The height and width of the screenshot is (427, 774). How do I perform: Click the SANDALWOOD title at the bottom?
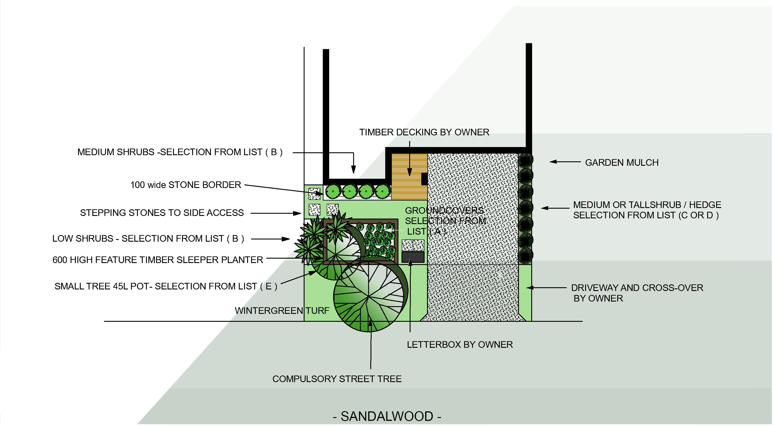tap(387, 416)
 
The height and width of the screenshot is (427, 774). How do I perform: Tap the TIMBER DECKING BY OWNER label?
tap(424, 132)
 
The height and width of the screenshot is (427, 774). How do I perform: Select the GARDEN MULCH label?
tap(621, 163)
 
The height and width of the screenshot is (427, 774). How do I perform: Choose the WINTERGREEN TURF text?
tap(282, 311)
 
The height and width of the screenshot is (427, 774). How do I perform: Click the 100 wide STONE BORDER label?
tap(185, 185)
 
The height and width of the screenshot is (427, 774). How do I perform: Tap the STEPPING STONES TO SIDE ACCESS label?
tap(162, 213)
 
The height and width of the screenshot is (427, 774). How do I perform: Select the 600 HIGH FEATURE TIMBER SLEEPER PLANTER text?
tap(157, 260)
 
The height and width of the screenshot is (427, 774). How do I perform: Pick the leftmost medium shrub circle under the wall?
tap(333, 191)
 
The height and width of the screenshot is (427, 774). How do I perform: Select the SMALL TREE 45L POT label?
tap(166, 286)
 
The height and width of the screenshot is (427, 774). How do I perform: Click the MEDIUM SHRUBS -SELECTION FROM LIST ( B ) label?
tap(180, 152)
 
